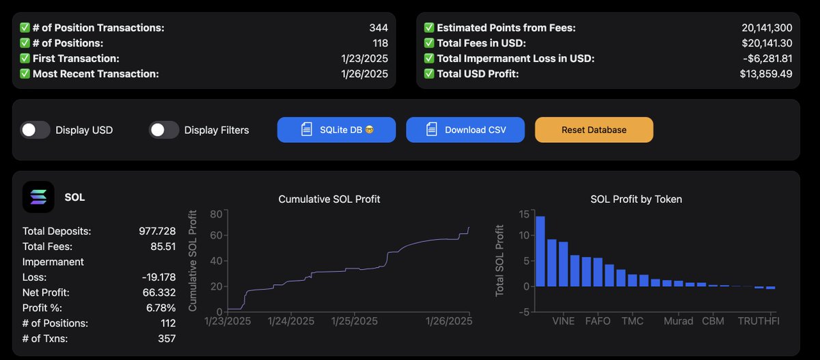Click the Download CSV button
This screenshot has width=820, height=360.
click(465, 130)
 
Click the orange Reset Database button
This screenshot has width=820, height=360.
click(594, 130)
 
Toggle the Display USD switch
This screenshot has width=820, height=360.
click(36, 130)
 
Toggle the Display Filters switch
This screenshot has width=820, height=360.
click(164, 130)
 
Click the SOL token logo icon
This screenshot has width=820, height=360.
click(39, 197)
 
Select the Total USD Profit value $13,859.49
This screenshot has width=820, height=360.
click(765, 74)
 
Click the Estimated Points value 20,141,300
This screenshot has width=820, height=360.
click(767, 28)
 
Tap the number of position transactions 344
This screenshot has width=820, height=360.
click(378, 28)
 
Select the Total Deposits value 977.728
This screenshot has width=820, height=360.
click(157, 231)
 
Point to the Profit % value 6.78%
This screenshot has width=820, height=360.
click(160, 307)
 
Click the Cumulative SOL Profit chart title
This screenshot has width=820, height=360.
click(329, 199)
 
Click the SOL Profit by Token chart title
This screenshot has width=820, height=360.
click(635, 199)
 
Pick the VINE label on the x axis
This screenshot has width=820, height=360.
click(563, 321)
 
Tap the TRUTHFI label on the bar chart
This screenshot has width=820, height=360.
click(758, 321)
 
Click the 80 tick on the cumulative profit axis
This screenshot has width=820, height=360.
click(217, 213)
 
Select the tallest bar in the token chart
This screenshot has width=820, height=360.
click(540, 251)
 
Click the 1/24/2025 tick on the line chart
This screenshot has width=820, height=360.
click(292, 321)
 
